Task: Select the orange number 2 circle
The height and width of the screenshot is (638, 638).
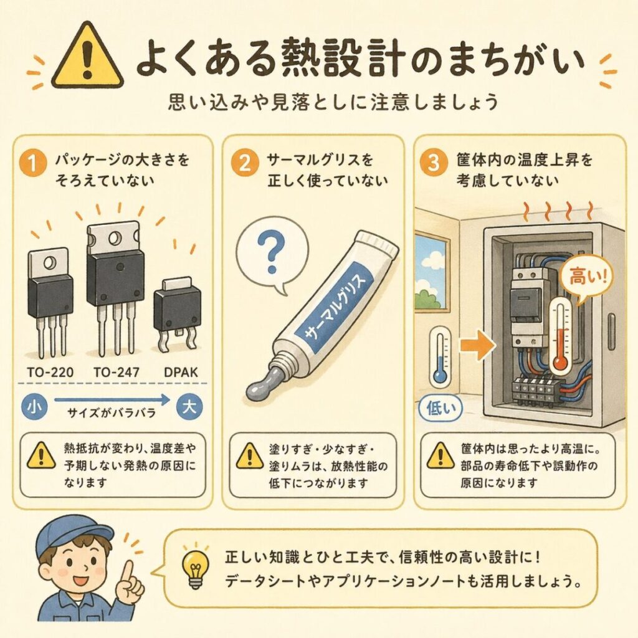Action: (245, 163)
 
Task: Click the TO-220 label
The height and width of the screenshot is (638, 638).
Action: (50, 373)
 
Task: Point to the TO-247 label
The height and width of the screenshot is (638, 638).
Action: (117, 373)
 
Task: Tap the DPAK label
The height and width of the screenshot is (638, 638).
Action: (181, 373)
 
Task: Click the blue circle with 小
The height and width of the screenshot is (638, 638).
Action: (34, 407)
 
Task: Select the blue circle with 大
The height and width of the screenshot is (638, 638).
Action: (189, 407)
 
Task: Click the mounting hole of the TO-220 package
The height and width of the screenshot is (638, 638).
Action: (50, 263)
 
